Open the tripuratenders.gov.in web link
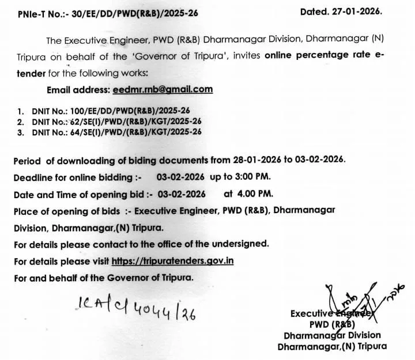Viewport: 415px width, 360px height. coord(172,260)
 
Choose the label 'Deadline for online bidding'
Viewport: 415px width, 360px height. coord(74,177)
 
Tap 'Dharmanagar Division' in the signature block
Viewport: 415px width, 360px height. coord(331,335)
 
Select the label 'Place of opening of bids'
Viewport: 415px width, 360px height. coord(66,210)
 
